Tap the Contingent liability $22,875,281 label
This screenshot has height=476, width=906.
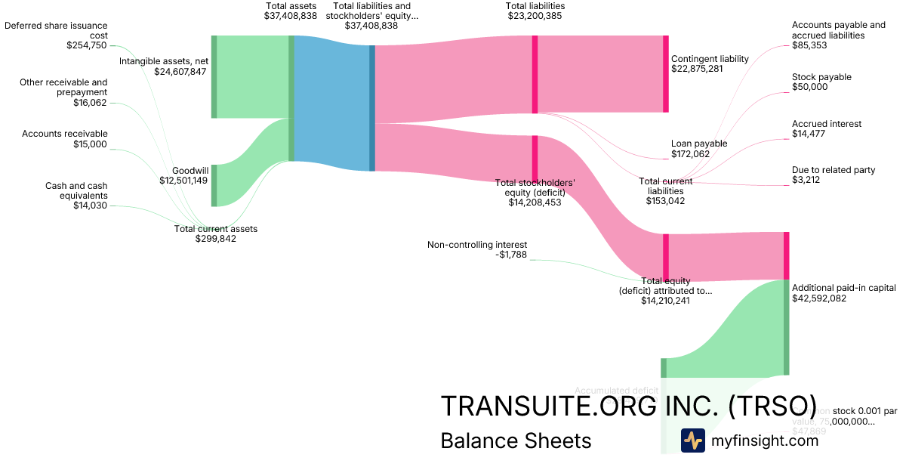click(x=710, y=63)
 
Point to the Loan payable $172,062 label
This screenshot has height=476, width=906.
click(x=699, y=148)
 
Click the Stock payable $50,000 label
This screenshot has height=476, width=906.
click(x=821, y=82)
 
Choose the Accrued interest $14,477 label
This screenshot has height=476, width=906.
click(x=827, y=128)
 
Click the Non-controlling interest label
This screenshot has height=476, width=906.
click(x=477, y=249)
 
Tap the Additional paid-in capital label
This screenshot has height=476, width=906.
click(x=844, y=292)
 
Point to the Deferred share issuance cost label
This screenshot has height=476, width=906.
click(x=56, y=35)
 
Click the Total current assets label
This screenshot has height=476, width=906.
click(x=216, y=233)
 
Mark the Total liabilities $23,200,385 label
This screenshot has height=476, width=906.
click(x=535, y=11)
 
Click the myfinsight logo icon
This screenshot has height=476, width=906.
click(x=692, y=440)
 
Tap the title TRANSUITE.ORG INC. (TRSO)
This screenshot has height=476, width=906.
click(x=628, y=406)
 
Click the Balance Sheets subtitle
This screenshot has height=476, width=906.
click(x=516, y=440)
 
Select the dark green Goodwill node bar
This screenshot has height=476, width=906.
click(x=214, y=185)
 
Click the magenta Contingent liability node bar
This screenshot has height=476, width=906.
click(x=665, y=74)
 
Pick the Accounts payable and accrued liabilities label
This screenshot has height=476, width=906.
click(x=838, y=35)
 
